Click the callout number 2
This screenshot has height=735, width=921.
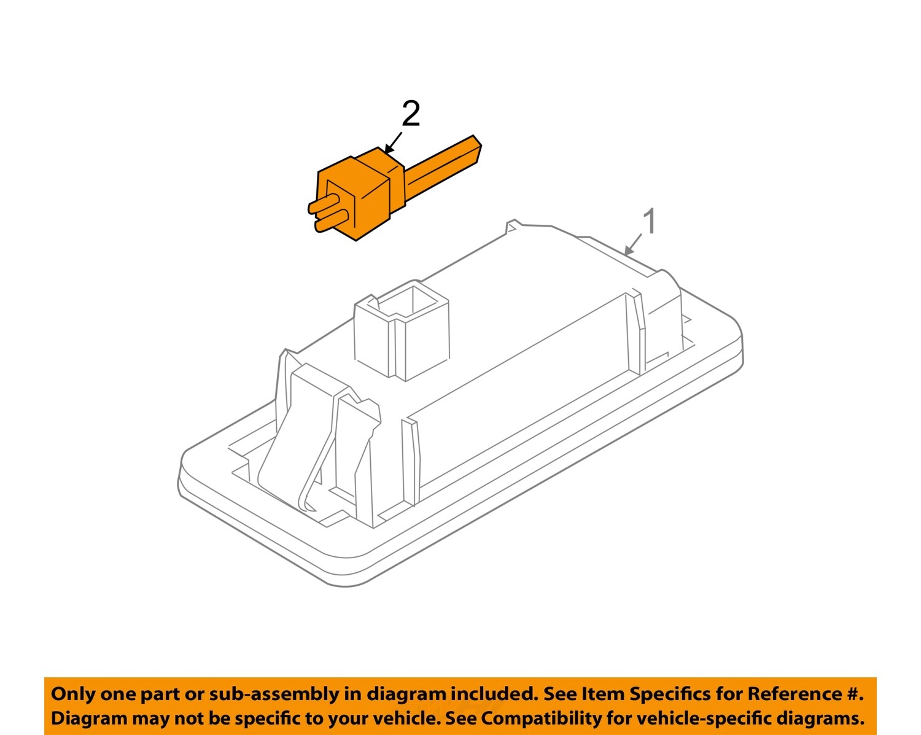coord(411,115)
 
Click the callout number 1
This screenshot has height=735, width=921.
coord(649,222)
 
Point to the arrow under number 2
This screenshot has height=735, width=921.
coord(392,142)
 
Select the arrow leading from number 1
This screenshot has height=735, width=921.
coord(632,244)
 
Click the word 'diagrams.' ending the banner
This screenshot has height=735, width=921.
coord(820,718)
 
